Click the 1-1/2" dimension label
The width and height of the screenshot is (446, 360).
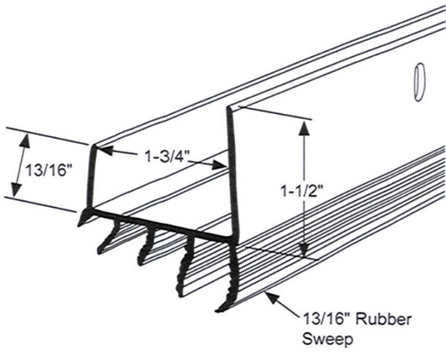302,191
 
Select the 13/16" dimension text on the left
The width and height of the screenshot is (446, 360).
48,171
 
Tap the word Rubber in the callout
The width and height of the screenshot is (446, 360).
384,320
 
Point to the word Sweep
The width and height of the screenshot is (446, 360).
327,339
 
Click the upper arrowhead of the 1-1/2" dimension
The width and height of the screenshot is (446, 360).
305,128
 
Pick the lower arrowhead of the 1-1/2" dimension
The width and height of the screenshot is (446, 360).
305,249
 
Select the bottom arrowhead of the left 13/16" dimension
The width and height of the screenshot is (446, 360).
16,189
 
